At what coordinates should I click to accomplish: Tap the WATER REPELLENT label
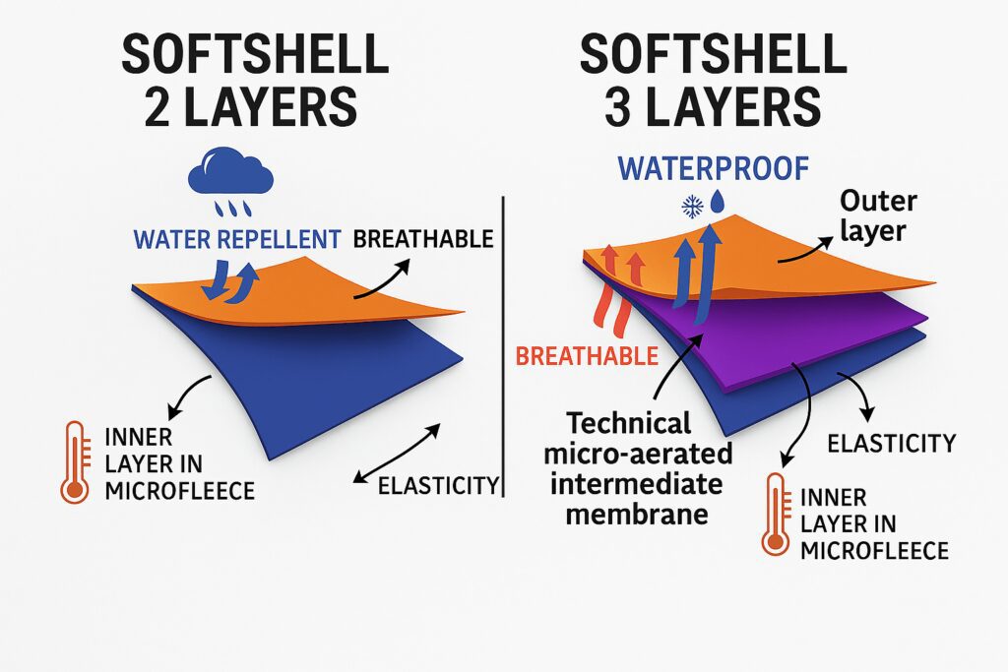tap(236, 240)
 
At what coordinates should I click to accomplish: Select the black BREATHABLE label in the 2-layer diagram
tap(423, 239)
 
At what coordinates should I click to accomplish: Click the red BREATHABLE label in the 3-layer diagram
tap(587, 356)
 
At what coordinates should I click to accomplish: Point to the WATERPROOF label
tap(713, 168)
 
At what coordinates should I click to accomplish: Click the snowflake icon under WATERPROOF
tap(692, 207)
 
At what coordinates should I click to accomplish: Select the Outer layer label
tap(877, 215)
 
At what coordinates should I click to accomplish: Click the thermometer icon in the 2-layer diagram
tap(75, 461)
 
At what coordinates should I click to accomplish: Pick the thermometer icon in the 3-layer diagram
tap(776, 515)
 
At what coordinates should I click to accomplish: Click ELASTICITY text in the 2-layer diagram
tap(438, 486)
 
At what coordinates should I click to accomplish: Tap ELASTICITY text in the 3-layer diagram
tap(892, 444)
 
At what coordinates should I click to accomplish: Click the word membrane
tap(637, 515)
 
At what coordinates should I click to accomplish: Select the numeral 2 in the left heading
tap(157, 107)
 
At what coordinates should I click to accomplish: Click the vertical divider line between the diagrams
tap(503, 347)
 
